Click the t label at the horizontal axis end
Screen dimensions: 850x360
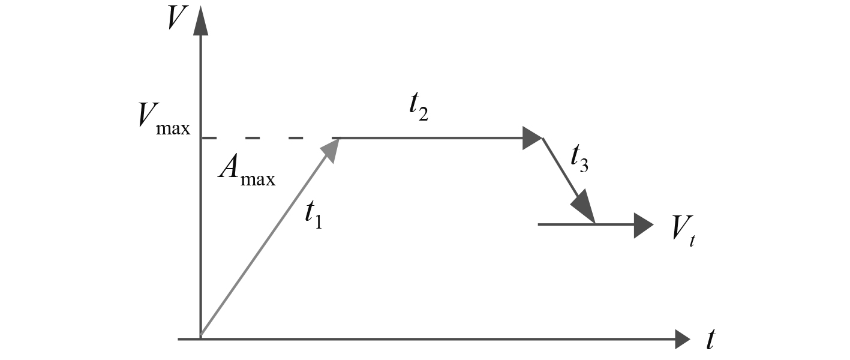tap(711, 340)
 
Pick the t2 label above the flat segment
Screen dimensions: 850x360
tap(419, 109)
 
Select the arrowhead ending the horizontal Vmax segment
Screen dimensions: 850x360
tap(531, 138)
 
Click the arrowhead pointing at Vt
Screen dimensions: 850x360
tap(643, 224)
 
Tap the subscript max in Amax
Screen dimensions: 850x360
tap(258, 178)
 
